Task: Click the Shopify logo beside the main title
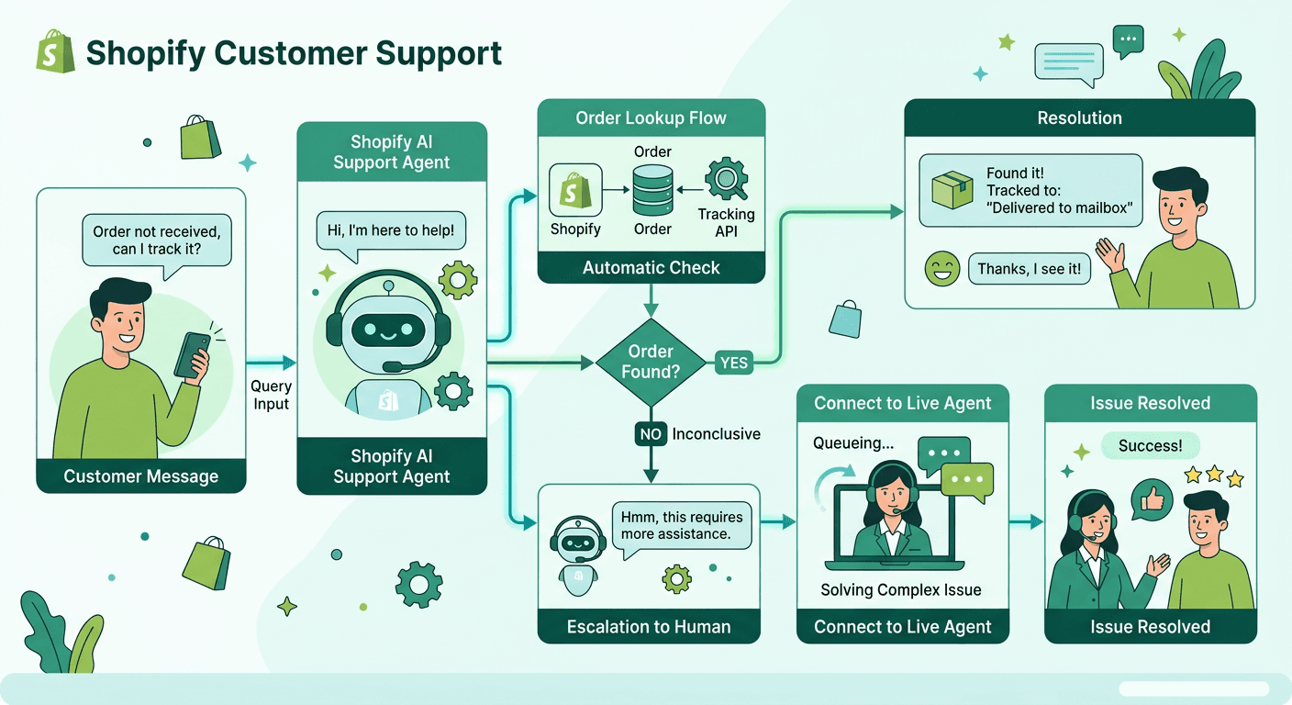(x=55, y=52)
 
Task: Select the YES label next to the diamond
(x=733, y=363)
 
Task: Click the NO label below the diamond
(x=650, y=434)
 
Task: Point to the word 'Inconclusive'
(x=716, y=434)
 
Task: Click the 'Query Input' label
(x=271, y=396)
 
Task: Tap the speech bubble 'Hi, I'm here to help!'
(x=391, y=230)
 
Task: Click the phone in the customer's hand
(x=192, y=354)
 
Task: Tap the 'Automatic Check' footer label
(x=651, y=268)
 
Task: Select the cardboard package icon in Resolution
(x=952, y=189)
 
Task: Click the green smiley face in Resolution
(x=942, y=270)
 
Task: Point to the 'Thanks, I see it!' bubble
(x=1029, y=270)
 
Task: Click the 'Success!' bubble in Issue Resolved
(x=1150, y=446)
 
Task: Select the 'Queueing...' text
(x=853, y=444)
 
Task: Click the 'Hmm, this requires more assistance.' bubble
(x=682, y=525)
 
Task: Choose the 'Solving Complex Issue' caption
(x=901, y=590)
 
